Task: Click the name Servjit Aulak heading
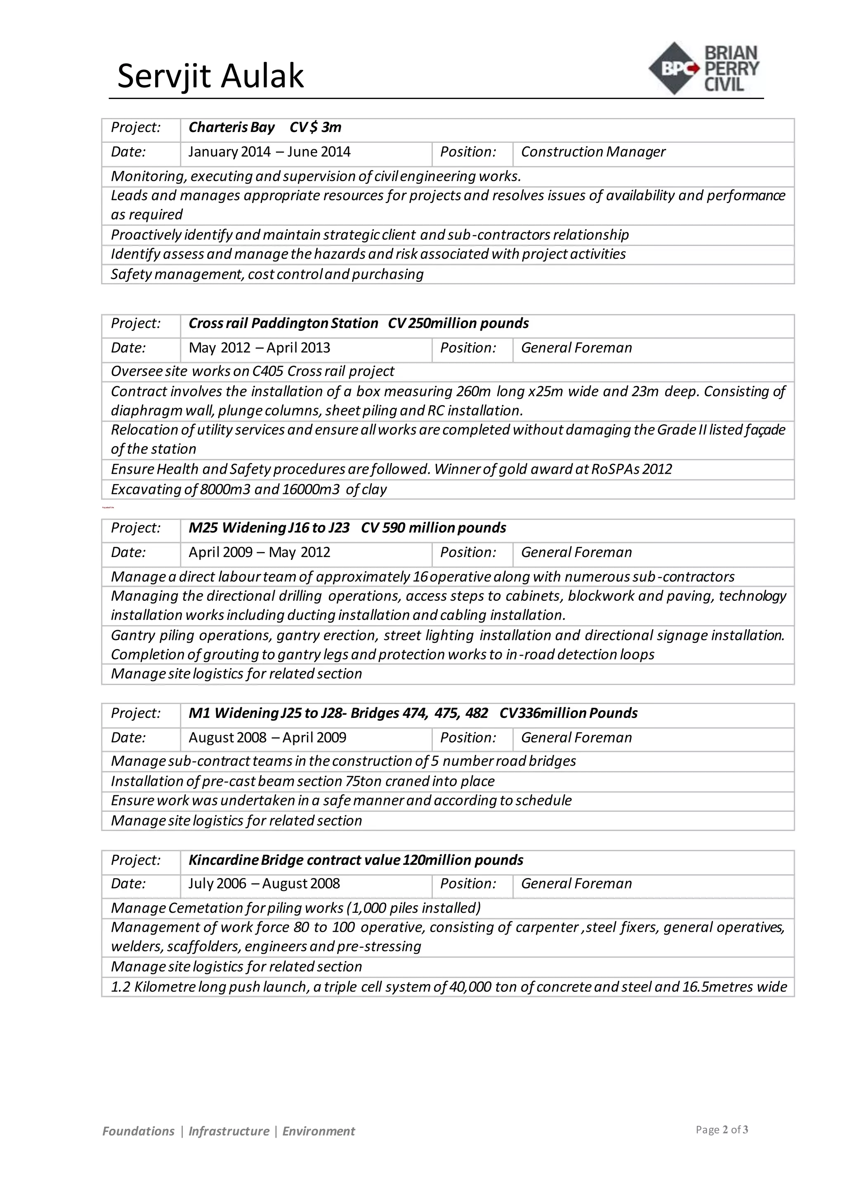(210, 76)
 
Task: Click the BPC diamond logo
(674, 68)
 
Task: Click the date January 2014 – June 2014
(269, 152)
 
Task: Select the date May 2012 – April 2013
(259, 348)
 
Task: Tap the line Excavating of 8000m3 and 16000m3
(249, 489)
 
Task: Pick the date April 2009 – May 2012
(259, 552)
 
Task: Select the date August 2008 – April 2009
(267, 737)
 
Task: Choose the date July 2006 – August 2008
(264, 884)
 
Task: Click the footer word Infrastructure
(229, 1131)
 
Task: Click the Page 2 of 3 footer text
(721, 1129)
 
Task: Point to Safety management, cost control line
(267, 274)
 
